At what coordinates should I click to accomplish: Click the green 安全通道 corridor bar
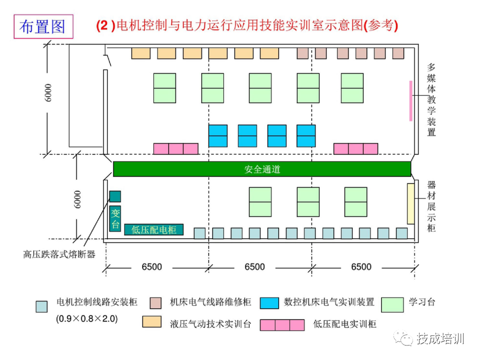pyautogui.click(x=262, y=169)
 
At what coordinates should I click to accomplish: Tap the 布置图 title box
pyautogui.click(x=42, y=26)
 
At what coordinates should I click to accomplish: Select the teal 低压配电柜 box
pyautogui.click(x=154, y=229)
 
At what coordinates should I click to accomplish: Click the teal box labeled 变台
pyautogui.click(x=115, y=217)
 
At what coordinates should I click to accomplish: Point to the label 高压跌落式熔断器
pyautogui.click(x=59, y=254)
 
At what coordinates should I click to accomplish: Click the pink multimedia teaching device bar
pyautogui.click(x=411, y=100)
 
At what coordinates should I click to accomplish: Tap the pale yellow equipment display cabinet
pyautogui.click(x=410, y=203)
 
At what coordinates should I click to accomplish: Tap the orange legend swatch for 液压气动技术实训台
pyautogui.click(x=152, y=321)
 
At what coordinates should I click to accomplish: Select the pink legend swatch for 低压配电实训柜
pyautogui.click(x=282, y=325)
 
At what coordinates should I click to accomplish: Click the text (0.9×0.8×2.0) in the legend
pyautogui.click(x=86, y=318)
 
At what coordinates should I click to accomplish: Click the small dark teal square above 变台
pyautogui.click(x=115, y=196)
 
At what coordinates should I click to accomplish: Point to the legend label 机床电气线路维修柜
pyautogui.click(x=210, y=302)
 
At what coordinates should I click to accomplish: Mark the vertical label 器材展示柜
pyautogui.click(x=431, y=206)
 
